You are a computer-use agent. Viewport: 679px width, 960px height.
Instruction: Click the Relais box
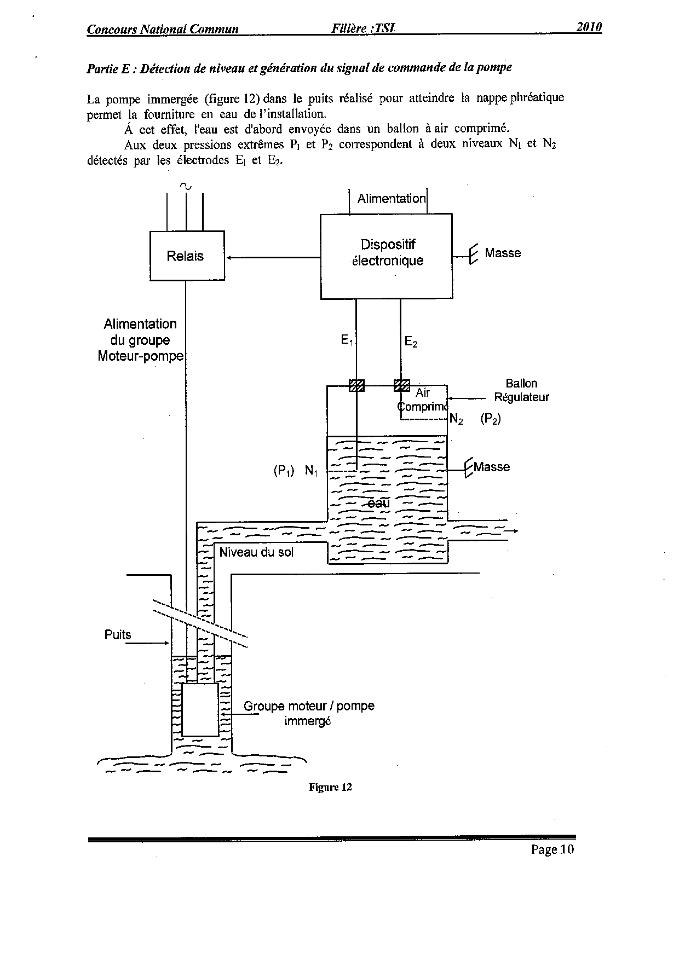click(187, 256)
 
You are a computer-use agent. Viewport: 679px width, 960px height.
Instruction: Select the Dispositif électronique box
click(386, 256)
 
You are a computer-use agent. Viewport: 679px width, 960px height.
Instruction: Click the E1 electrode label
click(347, 340)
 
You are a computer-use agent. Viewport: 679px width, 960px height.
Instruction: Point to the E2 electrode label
click(411, 343)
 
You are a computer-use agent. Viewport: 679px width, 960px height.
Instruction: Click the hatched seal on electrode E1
click(356, 385)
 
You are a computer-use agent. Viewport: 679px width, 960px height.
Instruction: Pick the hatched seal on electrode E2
click(401, 385)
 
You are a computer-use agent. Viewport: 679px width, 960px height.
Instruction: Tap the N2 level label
click(456, 420)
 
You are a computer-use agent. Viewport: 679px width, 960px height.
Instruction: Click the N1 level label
click(311, 471)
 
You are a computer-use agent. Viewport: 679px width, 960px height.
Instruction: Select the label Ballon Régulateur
click(521, 390)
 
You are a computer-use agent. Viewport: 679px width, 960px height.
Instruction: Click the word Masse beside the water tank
click(492, 467)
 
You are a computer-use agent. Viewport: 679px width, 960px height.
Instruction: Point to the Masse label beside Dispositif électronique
click(503, 253)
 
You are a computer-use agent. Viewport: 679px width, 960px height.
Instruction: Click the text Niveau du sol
click(256, 552)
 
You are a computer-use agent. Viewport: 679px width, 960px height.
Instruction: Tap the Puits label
click(118, 635)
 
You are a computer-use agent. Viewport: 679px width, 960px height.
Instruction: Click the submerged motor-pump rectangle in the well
click(200, 709)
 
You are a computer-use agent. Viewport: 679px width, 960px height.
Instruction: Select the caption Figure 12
click(330, 787)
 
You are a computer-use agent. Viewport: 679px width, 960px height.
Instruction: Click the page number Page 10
click(552, 849)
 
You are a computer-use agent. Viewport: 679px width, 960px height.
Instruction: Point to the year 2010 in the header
click(589, 27)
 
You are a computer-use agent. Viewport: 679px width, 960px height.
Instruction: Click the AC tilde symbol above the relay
click(186, 186)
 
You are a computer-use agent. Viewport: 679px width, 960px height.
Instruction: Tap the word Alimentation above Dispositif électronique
click(391, 199)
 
